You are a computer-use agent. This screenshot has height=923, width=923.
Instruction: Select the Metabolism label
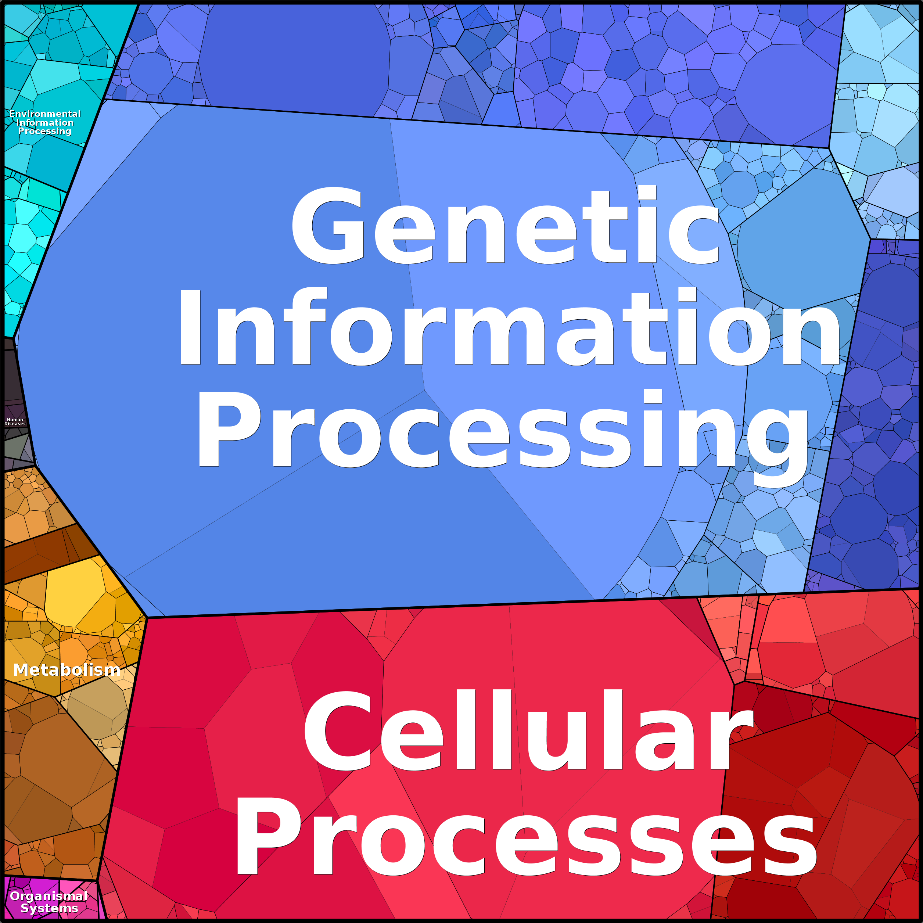tap(67, 670)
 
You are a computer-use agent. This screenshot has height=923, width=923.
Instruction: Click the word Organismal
tap(48, 896)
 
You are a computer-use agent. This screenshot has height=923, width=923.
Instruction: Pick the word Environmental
tap(45, 114)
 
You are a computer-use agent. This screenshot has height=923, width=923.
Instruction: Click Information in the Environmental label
tap(45, 123)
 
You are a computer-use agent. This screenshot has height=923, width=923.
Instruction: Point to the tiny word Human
tap(15, 420)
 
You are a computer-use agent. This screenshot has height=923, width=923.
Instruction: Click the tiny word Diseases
tap(15, 424)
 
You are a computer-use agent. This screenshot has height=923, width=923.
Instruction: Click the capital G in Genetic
tap(328, 226)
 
